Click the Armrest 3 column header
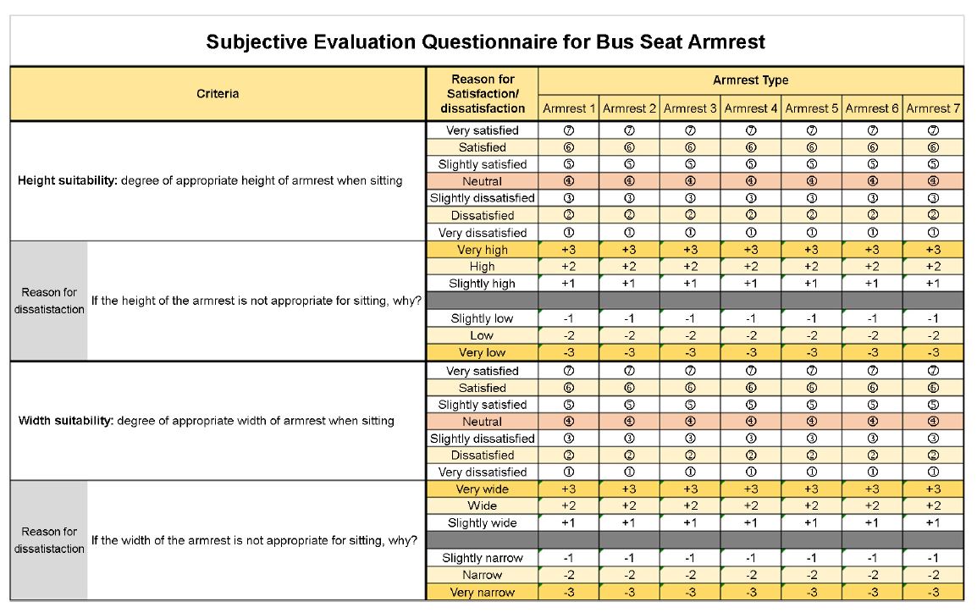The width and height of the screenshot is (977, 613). (690, 108)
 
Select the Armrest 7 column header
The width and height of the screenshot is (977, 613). (933, 108)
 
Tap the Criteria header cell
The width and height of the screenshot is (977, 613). (218, 93)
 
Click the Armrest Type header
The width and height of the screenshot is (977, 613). (750, 80)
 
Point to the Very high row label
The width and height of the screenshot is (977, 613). (483, 250)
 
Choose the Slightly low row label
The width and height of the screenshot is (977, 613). (483, 318)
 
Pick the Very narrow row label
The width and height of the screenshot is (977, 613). (483, 592)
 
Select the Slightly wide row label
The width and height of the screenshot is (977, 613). (483, 522)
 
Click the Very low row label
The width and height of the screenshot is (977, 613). (483, 352)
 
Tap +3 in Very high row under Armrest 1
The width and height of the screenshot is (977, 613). (568, 250)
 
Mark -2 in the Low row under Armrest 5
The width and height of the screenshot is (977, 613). (811, 335)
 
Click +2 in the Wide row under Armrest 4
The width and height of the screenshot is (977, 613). (751, 505)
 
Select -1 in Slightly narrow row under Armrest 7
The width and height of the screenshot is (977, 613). (933, 558)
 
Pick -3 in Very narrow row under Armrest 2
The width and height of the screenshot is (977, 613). (629, 592)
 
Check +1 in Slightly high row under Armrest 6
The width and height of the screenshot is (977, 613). (872, 284)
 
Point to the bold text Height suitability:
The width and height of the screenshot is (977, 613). (67, 180)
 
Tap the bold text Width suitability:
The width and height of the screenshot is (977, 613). (66, 421)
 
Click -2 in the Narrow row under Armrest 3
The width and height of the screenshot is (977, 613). (690, 574)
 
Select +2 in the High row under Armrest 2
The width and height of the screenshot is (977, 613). (629, 267)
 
